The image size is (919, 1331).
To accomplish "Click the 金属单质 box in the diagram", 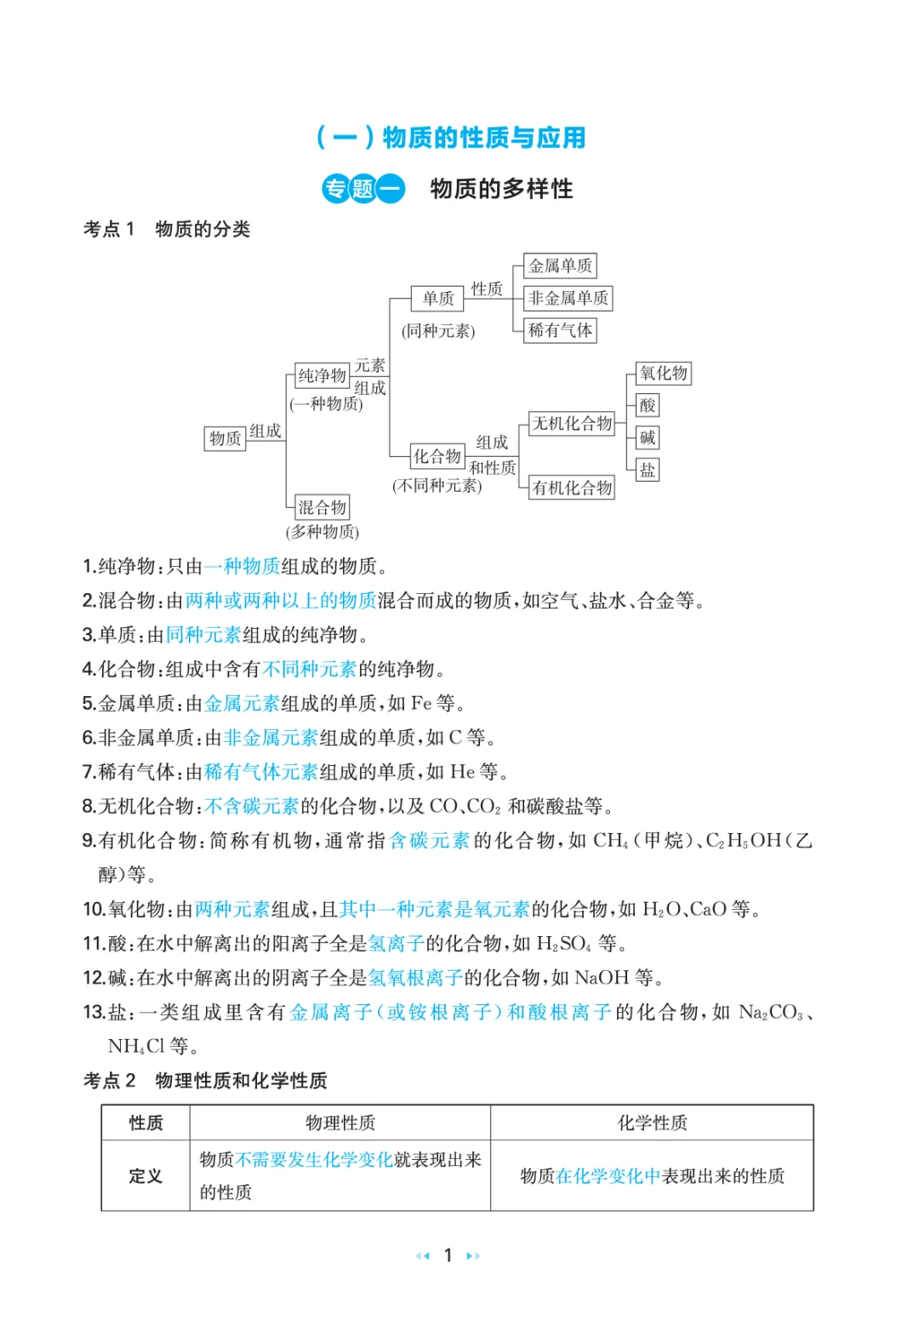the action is [x=560, y=266].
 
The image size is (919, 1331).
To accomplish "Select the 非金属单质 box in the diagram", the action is [x=568, y=299].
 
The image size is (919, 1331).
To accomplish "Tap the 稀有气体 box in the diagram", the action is [x=560, y=330].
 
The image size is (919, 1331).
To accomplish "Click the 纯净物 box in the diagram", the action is [x=322, y=375].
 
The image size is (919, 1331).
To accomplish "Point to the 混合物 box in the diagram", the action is [x=322, y=508].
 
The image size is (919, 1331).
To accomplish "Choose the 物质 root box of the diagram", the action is [x=225, y=439].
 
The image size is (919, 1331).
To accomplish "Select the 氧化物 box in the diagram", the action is [x=664, y=374].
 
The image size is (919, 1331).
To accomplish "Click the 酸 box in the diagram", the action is [x=648, y=406].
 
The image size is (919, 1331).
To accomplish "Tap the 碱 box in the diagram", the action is [x=648, y=438].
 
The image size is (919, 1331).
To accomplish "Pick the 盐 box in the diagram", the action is [x=648, y=471].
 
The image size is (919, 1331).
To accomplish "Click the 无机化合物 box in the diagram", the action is [x=572, y=424].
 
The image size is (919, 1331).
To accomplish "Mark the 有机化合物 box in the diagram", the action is [x=572, y=488].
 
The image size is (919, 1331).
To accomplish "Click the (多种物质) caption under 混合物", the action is [x=323, y=533].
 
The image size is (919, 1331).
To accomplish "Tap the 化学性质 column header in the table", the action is [x=652, y=1123].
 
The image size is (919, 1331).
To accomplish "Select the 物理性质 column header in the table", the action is [x=340, y=1123].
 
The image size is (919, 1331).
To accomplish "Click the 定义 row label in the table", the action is [x=146, y=1176].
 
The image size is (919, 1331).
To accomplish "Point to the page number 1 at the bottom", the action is [x=448, y=1255].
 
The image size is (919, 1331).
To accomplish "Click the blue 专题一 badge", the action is [x=363, y=189].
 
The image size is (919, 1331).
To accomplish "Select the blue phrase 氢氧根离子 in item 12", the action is [x=415, y=978].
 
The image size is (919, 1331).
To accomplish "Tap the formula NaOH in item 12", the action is [x=602, y=978].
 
